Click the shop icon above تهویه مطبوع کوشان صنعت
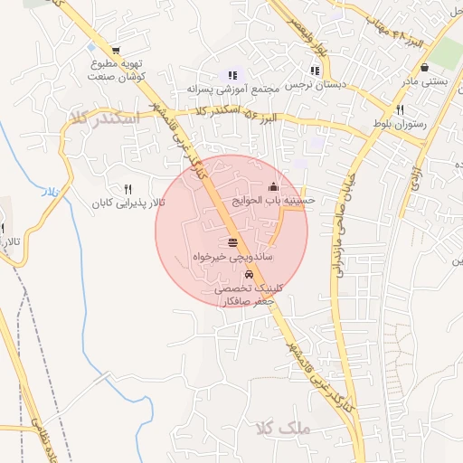(115, 52)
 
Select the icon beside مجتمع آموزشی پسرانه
(232, 75)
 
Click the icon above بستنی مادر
(425, 68)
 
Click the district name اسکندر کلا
(102, 118)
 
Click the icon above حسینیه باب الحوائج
(274, 186)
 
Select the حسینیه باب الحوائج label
(281, 199)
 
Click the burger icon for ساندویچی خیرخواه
(233, 242)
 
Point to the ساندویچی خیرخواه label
(232, 257)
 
